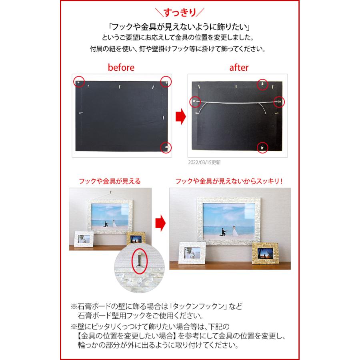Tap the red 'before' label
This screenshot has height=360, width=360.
click(x=121, y=68)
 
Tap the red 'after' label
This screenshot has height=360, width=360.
click(x=239, y=68)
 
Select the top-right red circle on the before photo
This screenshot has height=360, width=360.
click(x=165, y=81)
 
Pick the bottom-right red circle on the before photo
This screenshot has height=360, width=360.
click(x=165, y=147)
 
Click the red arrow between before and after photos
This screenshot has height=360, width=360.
click(x=182, y=116)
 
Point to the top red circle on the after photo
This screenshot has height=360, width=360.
click(x=262, y=84)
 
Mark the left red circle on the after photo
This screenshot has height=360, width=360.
click(x=195, y=102)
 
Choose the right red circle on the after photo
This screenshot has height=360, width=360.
click(x=279, y=102)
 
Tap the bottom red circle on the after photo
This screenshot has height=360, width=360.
click(x=262, y=147)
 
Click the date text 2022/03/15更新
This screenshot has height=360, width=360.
click(x=204, y=163)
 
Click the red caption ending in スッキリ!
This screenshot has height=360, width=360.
click(x=229, y=181)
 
